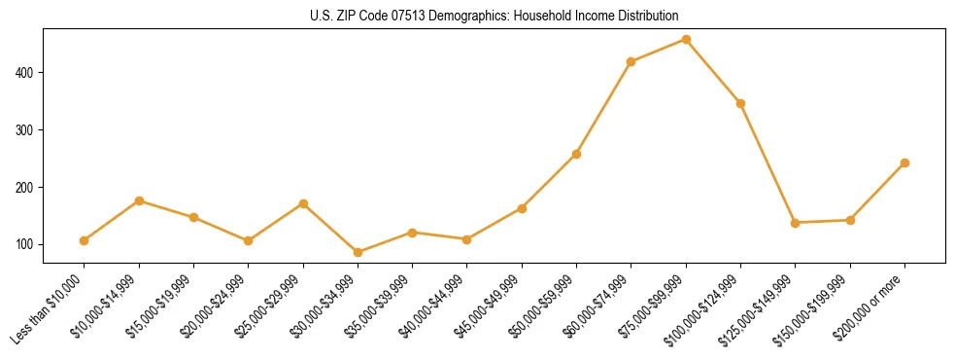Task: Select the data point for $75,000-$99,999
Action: coord(686,40)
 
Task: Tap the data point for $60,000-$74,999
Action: coord(631,61)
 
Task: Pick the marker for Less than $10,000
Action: coord(85,240)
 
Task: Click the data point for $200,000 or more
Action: coord(905,162)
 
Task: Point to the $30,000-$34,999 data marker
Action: coord(358,252)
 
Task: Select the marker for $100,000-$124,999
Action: coord(741,103)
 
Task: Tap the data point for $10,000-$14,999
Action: coord(139,200)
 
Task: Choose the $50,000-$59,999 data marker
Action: coord(577,154)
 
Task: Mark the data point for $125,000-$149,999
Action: coord(796,223)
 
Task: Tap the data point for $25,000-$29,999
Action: coord(303,203)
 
